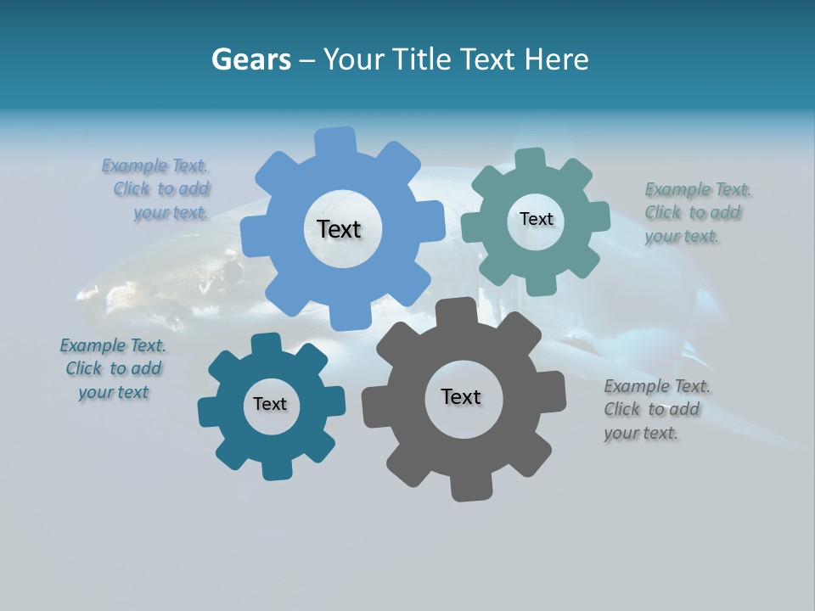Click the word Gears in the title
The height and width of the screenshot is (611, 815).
[250, 59]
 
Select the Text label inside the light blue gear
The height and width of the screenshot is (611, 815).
[339, 229]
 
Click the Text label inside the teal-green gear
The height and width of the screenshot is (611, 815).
[536, 219]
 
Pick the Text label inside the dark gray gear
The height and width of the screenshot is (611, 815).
[461, 396]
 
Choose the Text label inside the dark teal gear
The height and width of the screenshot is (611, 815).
[270, 404]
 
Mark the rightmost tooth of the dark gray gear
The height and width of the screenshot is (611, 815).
[552, 392]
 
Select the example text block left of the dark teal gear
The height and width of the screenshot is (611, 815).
[114, 368]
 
